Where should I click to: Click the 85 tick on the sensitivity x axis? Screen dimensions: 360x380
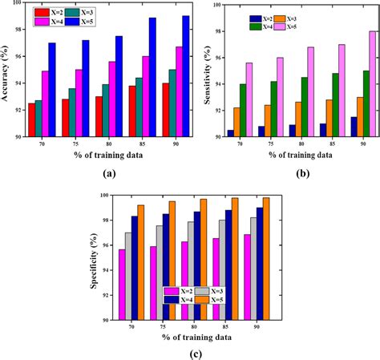tap(322, 146)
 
